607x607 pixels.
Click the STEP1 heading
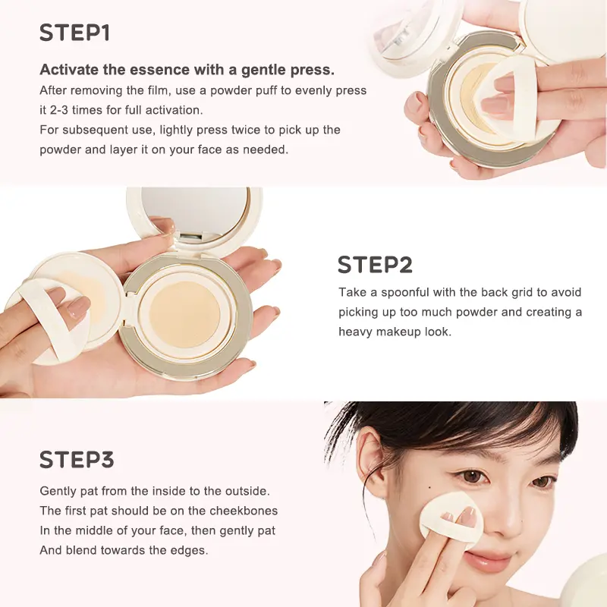tap(74, 33)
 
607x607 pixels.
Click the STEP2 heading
tap(375, 265)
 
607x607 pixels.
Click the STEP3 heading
tap(77, 460)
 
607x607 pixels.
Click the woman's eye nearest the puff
tap(474, 476)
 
